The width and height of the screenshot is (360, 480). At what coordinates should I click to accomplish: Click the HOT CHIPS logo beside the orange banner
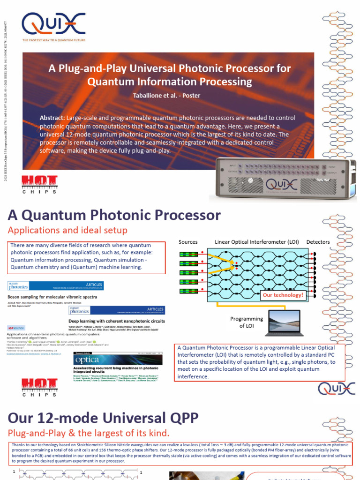[40, 185]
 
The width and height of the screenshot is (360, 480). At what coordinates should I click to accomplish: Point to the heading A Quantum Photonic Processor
[114, 215]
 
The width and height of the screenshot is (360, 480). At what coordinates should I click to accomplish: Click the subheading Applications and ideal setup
[67, 230]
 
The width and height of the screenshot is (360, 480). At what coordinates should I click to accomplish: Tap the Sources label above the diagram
[188, 242]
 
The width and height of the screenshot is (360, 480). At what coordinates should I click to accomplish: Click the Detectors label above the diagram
[318, 242]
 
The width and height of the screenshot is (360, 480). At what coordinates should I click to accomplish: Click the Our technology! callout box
[283, 295]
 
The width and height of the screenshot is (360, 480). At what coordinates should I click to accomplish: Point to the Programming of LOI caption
[247, 322]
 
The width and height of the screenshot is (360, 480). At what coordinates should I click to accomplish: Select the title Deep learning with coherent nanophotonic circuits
[116, 321]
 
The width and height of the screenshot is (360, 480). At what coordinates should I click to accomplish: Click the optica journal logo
[87, 360]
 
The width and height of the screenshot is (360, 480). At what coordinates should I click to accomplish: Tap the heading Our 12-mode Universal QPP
[103, 417]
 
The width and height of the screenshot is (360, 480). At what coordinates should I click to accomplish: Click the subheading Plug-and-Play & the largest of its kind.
[88, 432]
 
